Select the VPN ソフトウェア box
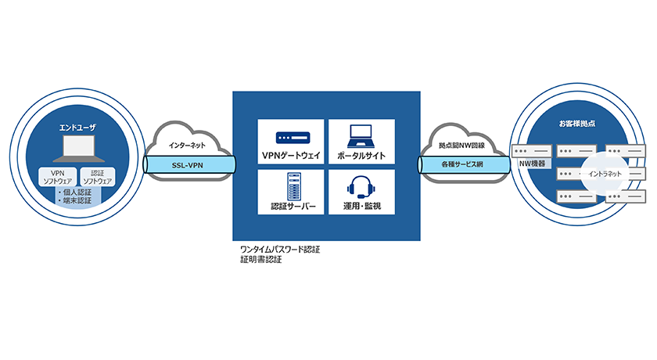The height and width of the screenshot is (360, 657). [x=57, y=176]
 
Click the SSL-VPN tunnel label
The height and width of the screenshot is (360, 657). [x=188, y=165]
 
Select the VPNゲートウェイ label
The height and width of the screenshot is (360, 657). [x=291, y=155]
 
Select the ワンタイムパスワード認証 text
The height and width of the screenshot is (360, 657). [x=279, y=250]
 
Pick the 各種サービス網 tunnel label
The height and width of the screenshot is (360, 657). [x=462, y=165]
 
